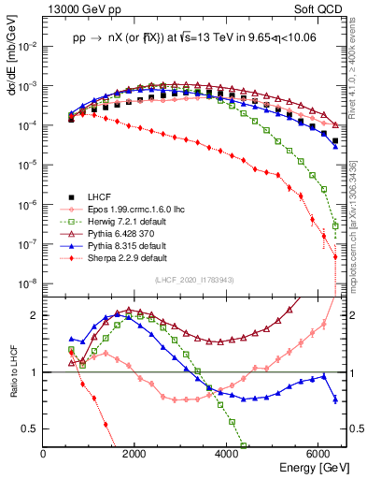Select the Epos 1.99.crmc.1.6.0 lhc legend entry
(x=140, y=209)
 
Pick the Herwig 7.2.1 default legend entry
(x=127, y=221)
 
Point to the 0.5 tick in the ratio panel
(x=32, y=428)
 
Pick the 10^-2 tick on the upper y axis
(x=28, y=45)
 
